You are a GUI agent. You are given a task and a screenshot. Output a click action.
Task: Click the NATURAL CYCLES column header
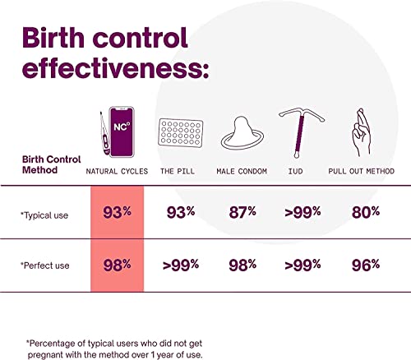click(117, 170)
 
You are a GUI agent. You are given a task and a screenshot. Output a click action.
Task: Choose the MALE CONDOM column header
click(242, 170)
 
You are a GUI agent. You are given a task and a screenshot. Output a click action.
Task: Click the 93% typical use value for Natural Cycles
click(117, 212)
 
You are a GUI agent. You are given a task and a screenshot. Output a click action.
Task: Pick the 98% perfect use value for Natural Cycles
click(117, 264)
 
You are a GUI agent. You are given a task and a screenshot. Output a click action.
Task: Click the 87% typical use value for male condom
click(242, 212)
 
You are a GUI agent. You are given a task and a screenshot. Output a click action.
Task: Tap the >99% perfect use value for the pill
click(178, 264)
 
